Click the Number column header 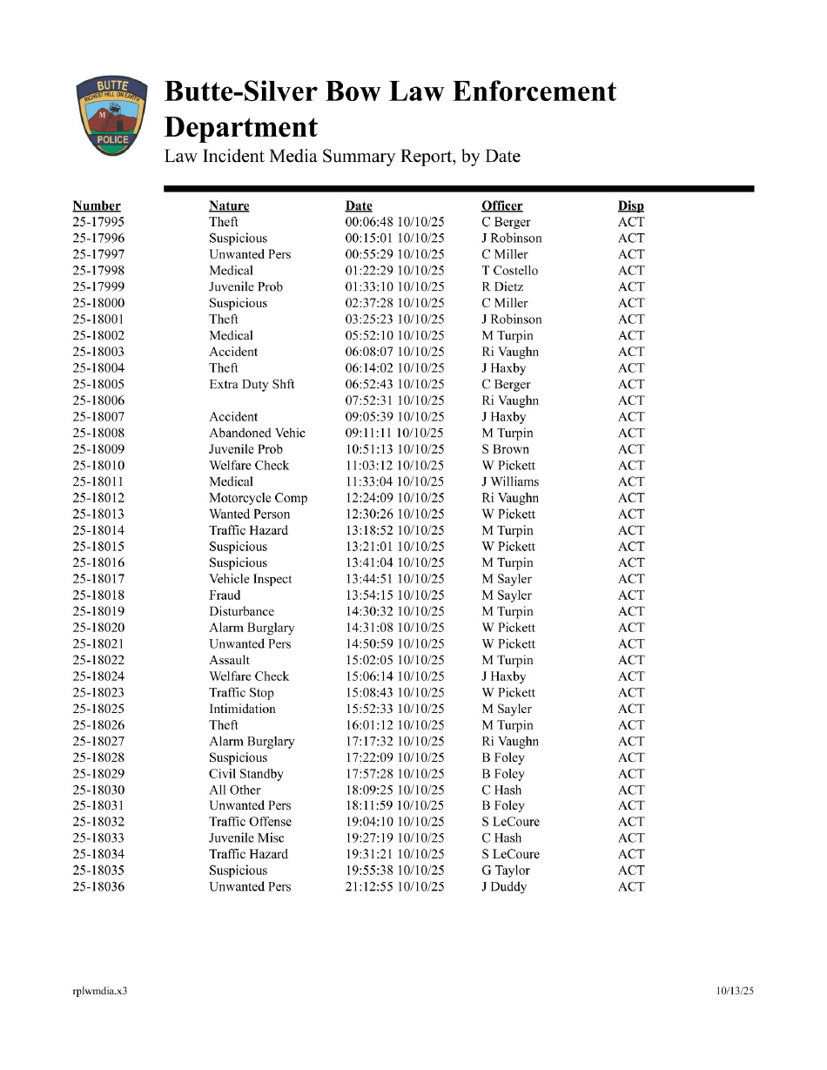pos(97,206)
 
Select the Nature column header pos(229,206)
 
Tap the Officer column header pos(502,206)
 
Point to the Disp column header pos(631,206)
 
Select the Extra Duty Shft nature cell pos(252,385)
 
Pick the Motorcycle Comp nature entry pos(258,498)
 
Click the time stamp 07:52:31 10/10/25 pos(394,400)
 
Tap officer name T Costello pos(510,271)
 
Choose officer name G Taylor pos(506,871)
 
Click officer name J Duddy pos(504,887)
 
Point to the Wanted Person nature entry pos(249,515)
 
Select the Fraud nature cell pos(225,596)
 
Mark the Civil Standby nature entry pos(246,774)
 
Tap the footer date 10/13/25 pos(735,991)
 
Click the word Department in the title pos(241,128)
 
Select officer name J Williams pos(510,481)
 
